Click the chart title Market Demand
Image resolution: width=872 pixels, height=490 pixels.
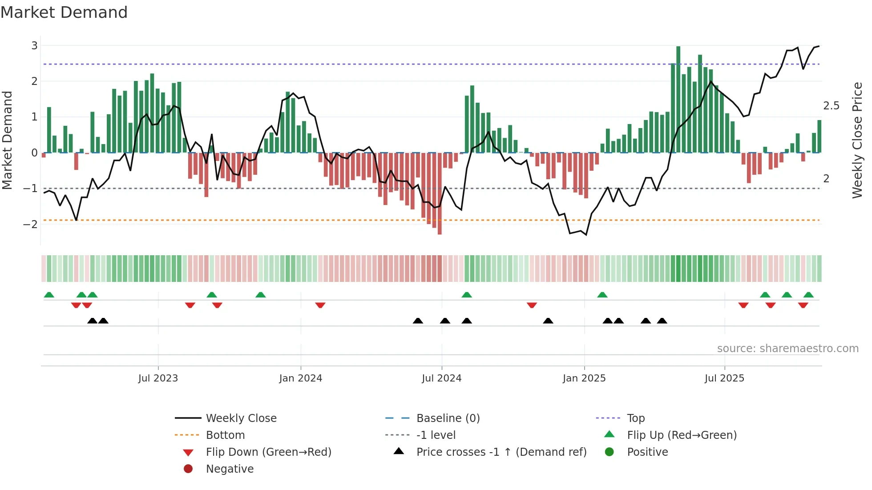[64, 12]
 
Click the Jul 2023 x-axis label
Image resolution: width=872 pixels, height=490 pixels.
[158, 378]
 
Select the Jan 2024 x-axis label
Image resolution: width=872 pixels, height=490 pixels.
[301, 378]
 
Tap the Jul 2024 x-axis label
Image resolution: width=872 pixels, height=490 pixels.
[442, 378]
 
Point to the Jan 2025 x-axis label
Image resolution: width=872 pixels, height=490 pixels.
[584, 378]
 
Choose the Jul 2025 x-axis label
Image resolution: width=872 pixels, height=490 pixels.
[724, 378]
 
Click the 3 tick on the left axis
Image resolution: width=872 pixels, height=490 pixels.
[34, 46]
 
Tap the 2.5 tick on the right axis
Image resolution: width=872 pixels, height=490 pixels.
[831, 106]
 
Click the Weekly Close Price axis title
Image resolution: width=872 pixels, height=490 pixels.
[857, 140]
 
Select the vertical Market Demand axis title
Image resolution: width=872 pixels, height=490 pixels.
[8, 140]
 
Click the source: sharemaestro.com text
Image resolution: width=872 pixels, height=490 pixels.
[787, 349]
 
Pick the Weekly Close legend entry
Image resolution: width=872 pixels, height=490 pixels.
[241, 418]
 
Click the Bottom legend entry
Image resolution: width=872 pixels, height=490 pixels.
[225, 435]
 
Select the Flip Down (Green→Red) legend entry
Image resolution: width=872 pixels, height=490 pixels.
[268, 452]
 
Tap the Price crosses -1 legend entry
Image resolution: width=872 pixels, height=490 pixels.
[501, 452]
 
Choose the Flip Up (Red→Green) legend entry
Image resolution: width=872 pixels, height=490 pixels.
[682, 435]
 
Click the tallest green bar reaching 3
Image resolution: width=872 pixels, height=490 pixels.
[678, 98]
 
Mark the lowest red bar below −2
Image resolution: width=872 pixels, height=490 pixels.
[440, 193]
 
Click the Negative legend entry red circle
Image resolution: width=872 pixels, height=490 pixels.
[188, 469]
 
